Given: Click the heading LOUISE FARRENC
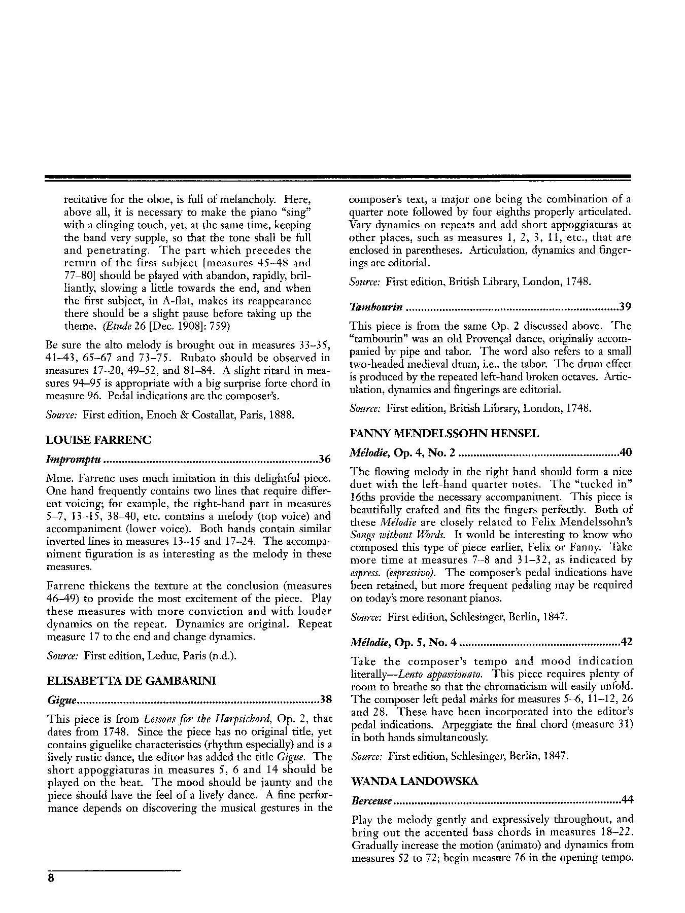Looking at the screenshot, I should [x=98, y=440].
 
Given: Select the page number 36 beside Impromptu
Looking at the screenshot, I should [x=325, y=460].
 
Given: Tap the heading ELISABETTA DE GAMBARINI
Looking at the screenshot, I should [x=131, y=681].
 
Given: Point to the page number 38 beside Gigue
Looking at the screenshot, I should [x=325, y=700].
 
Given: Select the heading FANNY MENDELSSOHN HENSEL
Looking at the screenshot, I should [x=444, y=434].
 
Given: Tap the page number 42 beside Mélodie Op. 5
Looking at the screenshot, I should [x=627, y=643].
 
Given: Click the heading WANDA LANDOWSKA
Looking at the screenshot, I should [x=414, y=781].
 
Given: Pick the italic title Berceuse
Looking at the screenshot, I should [x=371, y=801].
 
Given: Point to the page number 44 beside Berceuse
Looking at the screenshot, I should [x=628, y=800].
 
